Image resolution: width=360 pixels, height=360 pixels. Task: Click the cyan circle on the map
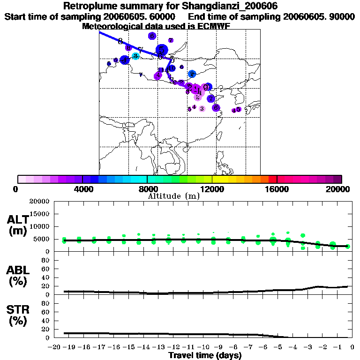pyautogui.click(x=135, y=56)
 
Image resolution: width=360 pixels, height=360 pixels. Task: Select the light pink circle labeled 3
pyautogui.click(x=202, y=109)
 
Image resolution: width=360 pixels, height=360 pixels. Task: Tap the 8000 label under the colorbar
pyautogui.click(x=147, y=189)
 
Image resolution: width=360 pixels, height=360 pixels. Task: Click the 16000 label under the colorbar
pyautogui.click(x=277, y=189)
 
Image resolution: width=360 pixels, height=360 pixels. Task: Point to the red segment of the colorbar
pyautogui.click(x=273, y=179)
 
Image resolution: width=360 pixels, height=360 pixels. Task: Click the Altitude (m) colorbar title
pyautogui.click(x=173, y=196)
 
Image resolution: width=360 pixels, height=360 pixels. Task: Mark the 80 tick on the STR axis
pyautogui.click(x=46, y=303)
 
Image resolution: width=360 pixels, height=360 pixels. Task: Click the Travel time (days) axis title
pyautogui.click(x=205, y=356)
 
